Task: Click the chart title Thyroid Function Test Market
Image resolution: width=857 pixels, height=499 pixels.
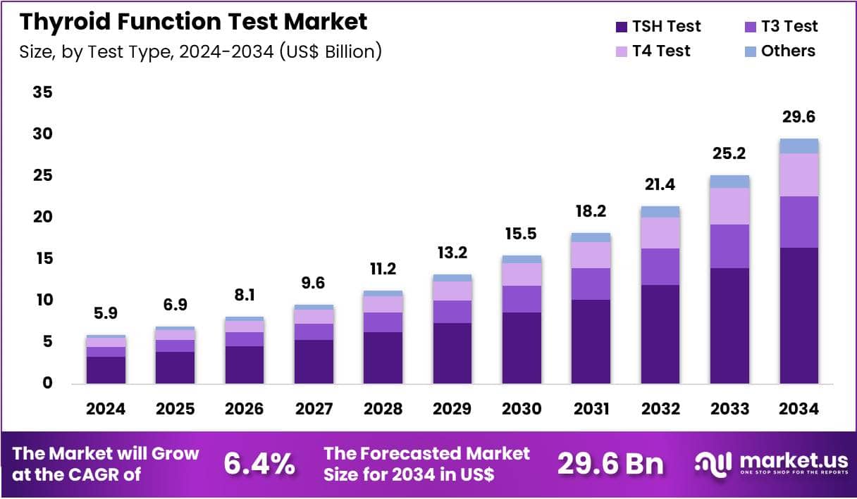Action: click(193, 22)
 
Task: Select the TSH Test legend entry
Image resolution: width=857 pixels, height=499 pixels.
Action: click(658, 27)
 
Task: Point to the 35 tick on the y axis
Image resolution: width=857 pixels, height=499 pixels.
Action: click(42, 93)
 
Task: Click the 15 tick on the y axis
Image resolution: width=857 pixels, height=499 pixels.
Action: click(42, 259)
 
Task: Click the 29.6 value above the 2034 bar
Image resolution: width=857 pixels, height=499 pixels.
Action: click(799, 117)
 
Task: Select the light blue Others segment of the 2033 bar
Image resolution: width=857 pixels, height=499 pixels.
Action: click(729, 182)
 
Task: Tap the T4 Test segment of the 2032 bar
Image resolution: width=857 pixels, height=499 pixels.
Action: click(660, 232)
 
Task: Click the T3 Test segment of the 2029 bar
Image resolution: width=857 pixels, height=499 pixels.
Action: click(452, 312)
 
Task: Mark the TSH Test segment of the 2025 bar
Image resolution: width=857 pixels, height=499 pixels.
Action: click(175, 367)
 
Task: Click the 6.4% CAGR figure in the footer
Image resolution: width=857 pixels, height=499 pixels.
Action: click(259, 464)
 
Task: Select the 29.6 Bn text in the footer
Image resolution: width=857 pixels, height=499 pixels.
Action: click(610, 464)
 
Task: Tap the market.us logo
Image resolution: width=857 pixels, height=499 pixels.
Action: click(772, 463)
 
